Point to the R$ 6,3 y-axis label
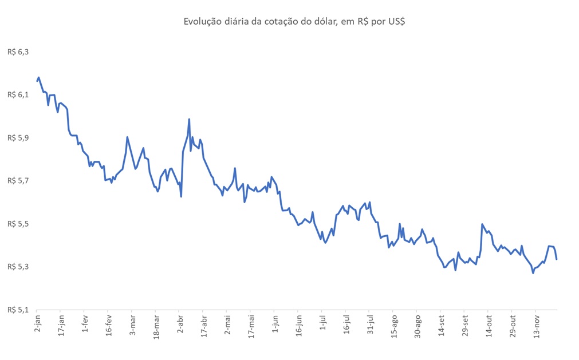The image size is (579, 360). click(18, 52)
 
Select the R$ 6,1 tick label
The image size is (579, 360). click(18, 95)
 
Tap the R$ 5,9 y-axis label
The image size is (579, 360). click(18, 138)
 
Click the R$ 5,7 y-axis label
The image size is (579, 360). click(18, 181)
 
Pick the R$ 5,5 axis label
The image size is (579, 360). click(18, 224)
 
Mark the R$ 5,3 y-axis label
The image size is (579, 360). click(18, 267)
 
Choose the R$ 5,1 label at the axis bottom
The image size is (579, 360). click(18, 310)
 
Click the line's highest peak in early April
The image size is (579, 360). click(189, 119)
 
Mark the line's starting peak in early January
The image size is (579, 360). click(38, 77)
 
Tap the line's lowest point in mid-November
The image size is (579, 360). click(533, 273)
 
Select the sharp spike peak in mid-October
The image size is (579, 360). click(482, 224)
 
